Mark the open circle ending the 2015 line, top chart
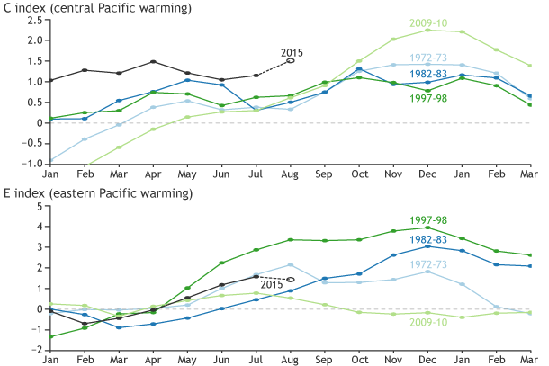tap(290, 61)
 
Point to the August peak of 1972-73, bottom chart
tap(290, 265)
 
